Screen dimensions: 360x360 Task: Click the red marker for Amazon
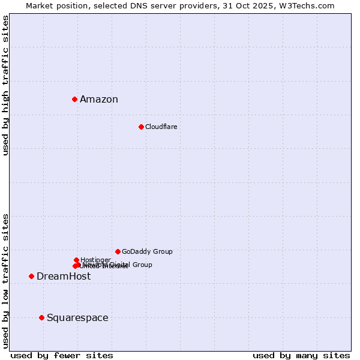pyautogui.click(x=74, y=99)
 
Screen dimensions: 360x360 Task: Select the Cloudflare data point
pyautogui.click(x=141, y=127)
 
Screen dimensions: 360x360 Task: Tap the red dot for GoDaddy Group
pyautogui.click(x=118, y=251)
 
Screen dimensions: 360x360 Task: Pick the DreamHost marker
pyautogui.click(x=31, y=276)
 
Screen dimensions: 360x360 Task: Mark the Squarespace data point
pyautogui.click(x=41, y=317)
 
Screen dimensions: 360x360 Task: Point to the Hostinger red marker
pyautogui.click(x=76, y=260)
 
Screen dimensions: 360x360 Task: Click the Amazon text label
pyautogui.click(x=99, y=100)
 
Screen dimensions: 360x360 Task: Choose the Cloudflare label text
pyautogui.click(x=161, y=127)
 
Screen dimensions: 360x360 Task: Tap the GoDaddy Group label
pyautogui.click(x=147, y=251)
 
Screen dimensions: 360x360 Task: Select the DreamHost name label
pyautogui.click(x=64, y=277)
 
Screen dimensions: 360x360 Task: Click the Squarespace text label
pyautogui.click(x=77, y=318)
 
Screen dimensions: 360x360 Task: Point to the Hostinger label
pyautogui.click(x=95, y=260)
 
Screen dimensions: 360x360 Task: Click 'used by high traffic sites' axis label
pyautogui.click(x=5, y=85)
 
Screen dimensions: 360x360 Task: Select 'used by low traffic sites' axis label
pyautogui.click(x=5, y=280)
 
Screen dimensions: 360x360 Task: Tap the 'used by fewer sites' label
pyautogui.click(x=62, y=355)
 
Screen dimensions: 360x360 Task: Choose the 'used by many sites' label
pyautogui.click(x=301, y=355)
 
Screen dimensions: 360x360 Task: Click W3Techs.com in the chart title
pyautogui.click(x=309, y=5)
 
